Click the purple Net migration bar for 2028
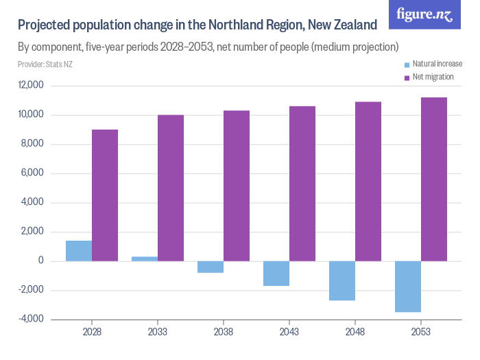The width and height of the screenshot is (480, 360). pyautogui.click(x=105, y=195)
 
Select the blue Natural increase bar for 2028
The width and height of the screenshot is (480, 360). pyautogui.click(x=79, y=251)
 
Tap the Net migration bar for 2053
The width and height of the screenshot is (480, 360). pyautogui.click(x=434, y=179)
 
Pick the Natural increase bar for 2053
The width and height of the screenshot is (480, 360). pyautogui.click(x=408, y=287)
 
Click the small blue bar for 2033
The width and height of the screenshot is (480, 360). pyautogui.click(x=145, y=259)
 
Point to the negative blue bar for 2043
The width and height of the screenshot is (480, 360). pyautogui.click(x=276, y=274)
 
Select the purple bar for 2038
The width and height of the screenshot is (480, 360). pyautogui.click(x=237, y=186)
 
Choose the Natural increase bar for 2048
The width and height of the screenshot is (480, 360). pyautogui.click(x=342, y=280)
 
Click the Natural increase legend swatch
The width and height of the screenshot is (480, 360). pyautogui.click(x=407, y=64)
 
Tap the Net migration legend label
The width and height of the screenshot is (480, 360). pyautogui.click(x=433, y=77)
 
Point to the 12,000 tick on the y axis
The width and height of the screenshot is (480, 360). pyautogui.click(x=31, y=86)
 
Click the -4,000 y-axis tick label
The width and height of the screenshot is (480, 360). pyautogui.click(x=31, y=319)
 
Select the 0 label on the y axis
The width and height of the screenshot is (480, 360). pyautogui.click(x=41, y=261)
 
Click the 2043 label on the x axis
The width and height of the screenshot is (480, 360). pyautogui.click(x=289, y=332)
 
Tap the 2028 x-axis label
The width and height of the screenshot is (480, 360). pyautogui.click(x=92, y=332)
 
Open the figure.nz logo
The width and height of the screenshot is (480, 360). pyautogui.click(x=424, y=14)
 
